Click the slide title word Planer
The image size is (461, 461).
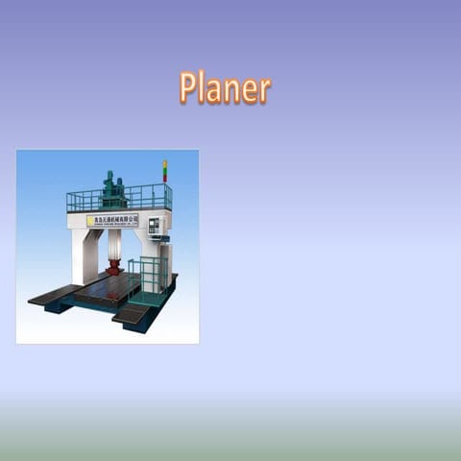(225, 87)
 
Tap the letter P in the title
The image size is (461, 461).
(188, 87)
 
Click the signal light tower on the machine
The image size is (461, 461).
(164, 172)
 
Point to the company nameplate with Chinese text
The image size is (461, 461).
(113, 220)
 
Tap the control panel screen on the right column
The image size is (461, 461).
(154, 226)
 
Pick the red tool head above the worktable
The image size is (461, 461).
(114, 266)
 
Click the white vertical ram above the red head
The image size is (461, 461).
(114, 244)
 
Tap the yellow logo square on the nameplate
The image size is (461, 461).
(90, 221)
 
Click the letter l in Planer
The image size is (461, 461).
(206, 86)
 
